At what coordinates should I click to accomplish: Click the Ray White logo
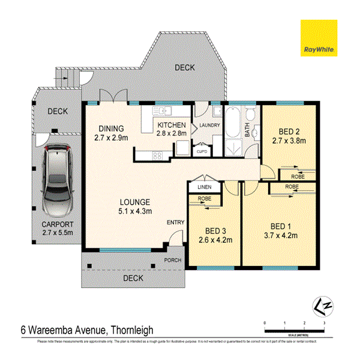(x=319, y=37)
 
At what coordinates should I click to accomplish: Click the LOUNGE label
(x=134, y=202)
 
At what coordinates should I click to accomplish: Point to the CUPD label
(x=203, y=152)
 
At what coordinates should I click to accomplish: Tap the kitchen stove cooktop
(x=158, y=156)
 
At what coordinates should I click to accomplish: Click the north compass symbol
(x=320, y=306)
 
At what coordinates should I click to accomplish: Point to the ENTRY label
(x=175, y=223)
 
